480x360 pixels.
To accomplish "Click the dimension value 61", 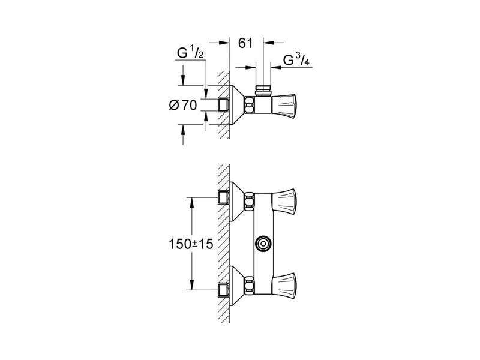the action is (x=245, y=43).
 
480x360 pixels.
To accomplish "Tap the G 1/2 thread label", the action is (x=190, y=53).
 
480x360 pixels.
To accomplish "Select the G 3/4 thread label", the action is (x=296, y=59).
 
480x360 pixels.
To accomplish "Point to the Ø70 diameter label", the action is (x=183, y=106).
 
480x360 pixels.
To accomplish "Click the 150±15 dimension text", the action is (x=191, y=244).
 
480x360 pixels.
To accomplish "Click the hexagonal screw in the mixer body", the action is (x=263, y=244).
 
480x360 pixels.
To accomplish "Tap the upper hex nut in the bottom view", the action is (x=249, y=201).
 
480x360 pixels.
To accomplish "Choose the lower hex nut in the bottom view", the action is (x=249, y=285).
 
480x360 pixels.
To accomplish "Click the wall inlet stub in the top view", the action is (x=223, y=105).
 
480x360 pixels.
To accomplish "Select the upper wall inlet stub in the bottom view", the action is (x=223, y=198).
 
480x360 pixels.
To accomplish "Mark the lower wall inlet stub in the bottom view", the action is (x=223, y=290).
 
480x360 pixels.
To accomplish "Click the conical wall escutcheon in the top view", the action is (x=236, y=105).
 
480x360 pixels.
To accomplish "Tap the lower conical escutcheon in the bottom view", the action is (x=236, y=286).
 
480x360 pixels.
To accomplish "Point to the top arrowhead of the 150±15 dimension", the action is (x=192, y=203).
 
